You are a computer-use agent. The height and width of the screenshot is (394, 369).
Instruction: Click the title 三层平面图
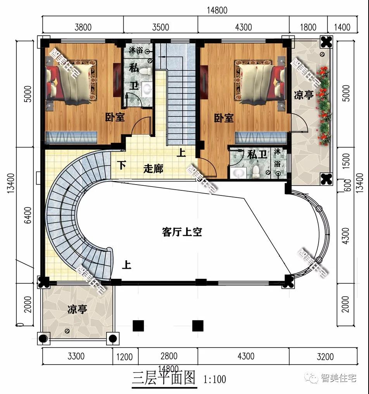(x=163, y=378)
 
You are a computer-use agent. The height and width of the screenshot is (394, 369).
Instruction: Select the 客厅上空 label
(x=182, y=232)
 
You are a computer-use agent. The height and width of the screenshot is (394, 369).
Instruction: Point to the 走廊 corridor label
(x=153, y=169)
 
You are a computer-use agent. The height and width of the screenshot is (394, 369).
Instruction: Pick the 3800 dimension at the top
(x=83, y=27)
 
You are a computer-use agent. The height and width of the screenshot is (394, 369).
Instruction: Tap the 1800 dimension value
(x=308, y=27)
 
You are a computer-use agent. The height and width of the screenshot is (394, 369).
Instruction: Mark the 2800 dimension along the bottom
(x=168, y=356)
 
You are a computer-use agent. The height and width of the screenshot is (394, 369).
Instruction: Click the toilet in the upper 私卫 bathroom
(x=146, y=71)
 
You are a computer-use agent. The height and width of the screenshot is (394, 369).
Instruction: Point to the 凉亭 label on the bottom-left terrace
(x=77, y=309)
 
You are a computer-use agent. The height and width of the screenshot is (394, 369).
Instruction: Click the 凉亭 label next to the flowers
(x=303, y=95)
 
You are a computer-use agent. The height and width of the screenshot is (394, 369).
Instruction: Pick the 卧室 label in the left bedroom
(x=115, y=117)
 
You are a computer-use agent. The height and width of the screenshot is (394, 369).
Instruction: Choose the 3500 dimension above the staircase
(x=160, y=27)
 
